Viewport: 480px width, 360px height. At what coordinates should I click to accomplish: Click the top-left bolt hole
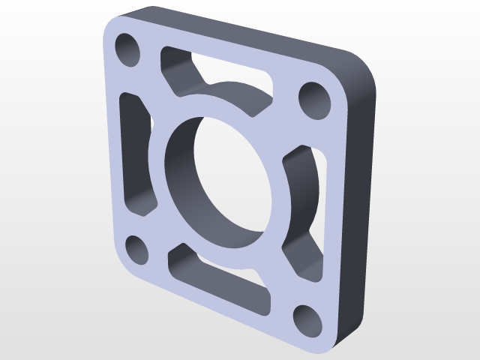tap(128, 49)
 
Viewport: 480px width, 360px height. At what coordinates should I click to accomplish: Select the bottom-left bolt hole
tap(136, 249)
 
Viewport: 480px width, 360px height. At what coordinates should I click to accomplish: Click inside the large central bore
tap(217, 180)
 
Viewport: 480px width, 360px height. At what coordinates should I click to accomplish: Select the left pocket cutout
tap(136, 154)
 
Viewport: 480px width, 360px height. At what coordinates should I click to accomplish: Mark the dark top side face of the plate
tap(247, 30)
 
